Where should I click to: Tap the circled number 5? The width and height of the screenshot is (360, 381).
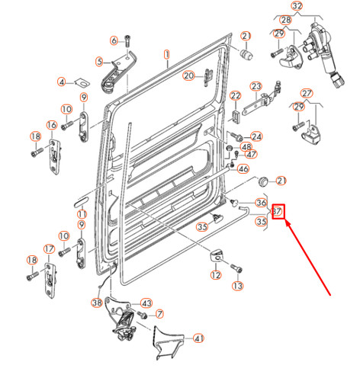98,62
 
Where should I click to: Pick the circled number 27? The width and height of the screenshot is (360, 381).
307,94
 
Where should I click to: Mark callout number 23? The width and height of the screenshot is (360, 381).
256,85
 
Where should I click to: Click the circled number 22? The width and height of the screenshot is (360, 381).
236,96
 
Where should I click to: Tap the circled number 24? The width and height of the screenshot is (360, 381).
256,137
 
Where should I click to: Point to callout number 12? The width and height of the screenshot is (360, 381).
216,275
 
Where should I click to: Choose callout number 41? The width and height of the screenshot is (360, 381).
198,338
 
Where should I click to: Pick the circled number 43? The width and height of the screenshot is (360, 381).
146,303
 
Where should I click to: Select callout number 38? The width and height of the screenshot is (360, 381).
97,303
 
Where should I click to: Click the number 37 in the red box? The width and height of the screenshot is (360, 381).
278,211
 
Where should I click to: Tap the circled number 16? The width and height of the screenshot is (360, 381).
52,125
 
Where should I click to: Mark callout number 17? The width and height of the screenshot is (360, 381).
49,248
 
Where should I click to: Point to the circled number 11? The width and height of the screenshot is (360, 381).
82,216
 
